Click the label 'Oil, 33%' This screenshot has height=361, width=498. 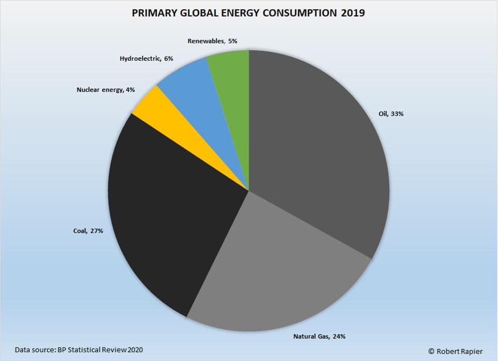(391, 114)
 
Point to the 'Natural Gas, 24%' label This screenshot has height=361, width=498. (319, 337)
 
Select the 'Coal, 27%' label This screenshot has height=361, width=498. (88, 231)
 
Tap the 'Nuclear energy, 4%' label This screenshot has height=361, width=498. (105, 90)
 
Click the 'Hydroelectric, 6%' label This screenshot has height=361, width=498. (146, 59)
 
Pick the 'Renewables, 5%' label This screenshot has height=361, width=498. (212, 41)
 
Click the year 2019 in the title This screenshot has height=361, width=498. (353, 13)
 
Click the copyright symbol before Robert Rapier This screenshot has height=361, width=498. (431, 351)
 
